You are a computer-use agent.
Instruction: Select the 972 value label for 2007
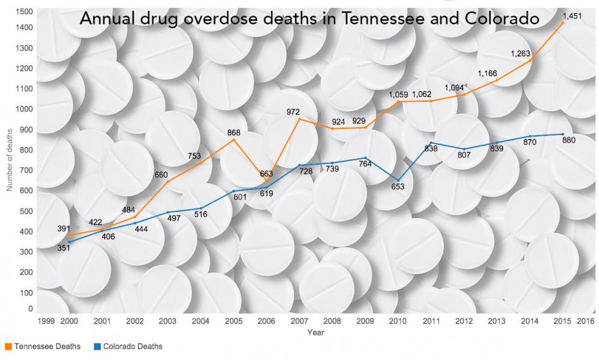[x=293, y=112]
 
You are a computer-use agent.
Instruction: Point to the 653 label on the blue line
[x=398, y=186]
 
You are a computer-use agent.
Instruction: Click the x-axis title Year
[x=315, y=332]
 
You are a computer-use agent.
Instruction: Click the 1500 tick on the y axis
[x=25, y=12]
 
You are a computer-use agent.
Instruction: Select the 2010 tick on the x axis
[x=398, y=322]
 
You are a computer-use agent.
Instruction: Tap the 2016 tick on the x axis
[x=585, y=322]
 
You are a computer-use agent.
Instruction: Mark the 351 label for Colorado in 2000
[x=64, y=247]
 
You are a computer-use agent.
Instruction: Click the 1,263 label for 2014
[x=521, y=54]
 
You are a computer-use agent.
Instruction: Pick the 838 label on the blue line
[x=431, y=149]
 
